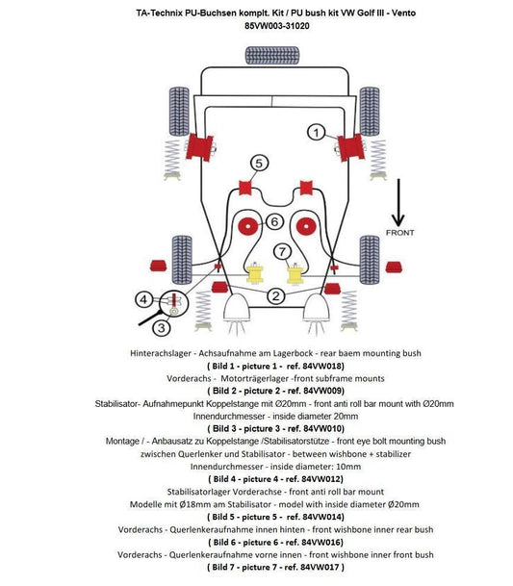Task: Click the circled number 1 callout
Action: [317, 132]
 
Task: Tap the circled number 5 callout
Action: [259, 163]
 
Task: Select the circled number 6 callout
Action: [274, 221]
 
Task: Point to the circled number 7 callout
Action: [283, 251]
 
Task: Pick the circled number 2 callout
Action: [276, 296]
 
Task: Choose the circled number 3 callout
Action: [161, 327]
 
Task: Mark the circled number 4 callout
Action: [144, 299]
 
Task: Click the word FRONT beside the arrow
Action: [400, 233]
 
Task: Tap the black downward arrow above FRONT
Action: [398, 202]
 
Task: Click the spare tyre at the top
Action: [272, 55]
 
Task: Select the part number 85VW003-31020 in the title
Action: [277, 26]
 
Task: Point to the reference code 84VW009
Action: [321, 391]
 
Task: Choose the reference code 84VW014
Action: [321, 517]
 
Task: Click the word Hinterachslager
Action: [161, 353]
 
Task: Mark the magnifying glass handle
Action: [150, 318]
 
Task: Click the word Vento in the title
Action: [404, 13]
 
